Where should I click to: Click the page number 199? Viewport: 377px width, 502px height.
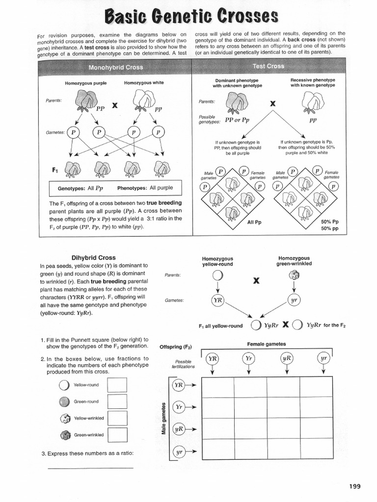pyautogui.click(x=354, y=486)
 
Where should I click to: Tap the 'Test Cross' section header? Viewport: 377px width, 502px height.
pyautogui.click(x=268, y=66)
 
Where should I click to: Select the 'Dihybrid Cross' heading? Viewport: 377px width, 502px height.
pyautogui.click(x=93, y=257)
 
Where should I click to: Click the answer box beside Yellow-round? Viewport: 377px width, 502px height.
pyautogui.click(x=117, y=385)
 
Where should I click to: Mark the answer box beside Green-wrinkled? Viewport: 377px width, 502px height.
pyautogui.click(x=117, y=435)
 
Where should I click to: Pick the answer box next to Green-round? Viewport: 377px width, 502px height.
pyautogui.click(x=117, y=402)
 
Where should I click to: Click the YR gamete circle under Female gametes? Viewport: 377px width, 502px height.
pyautogui.click(x=212, y=359)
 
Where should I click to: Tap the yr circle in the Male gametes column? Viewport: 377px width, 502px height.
pyautogui.click(x=180, y=452)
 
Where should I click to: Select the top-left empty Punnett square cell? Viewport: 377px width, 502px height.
pyautogui.click(x=217, y=387)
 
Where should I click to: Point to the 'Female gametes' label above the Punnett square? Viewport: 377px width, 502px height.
pyautogui.click(x=266, y=344)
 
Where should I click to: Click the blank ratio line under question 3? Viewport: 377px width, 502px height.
pyautogui.click(x=90, y=469)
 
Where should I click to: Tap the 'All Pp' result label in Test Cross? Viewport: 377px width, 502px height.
pyautogui.click(x=254, y=222)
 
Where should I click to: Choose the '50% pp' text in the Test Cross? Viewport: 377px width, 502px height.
pyautogui.click(x=329, y=228)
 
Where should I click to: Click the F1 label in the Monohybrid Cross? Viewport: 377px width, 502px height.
pyautogui.click(x=55, y=170)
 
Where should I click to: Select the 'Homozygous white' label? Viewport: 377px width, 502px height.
pyautogui.click(x=144, y=83)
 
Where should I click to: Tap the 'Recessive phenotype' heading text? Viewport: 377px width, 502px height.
pyautogui.click(x=313, y=79)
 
